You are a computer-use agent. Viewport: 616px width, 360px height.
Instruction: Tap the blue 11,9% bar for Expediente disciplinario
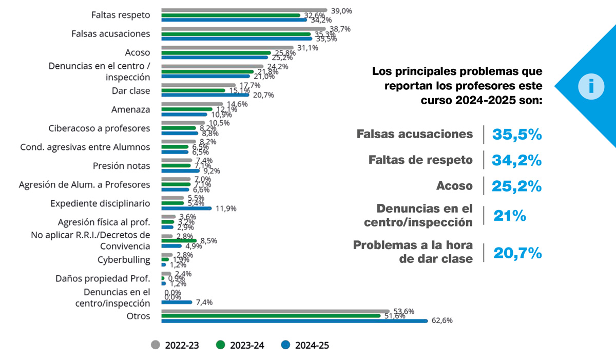pos(186,209)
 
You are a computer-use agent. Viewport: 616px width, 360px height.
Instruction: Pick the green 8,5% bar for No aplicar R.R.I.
pos(179,240)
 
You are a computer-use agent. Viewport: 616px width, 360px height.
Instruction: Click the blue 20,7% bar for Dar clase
pos(205,95)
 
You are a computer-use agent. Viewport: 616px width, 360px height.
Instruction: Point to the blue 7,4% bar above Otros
pos(177,302)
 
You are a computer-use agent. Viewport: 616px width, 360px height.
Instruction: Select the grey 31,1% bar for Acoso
pos(227,48)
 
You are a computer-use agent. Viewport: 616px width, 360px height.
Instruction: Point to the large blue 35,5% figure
pos(517,135)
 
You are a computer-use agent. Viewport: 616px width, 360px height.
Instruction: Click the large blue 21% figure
pos(510,216)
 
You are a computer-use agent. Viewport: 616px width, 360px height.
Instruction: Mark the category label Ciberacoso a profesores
pos(99,128)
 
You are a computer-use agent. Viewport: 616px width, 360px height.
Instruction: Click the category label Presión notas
pos(122,166)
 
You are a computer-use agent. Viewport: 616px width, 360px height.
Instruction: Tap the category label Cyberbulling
pos(124,259)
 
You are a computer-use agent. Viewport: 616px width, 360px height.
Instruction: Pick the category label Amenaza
pos(131,109)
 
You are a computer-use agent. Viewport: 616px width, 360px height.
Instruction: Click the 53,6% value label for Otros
pos(403,311)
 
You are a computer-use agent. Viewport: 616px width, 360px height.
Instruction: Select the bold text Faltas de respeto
pos(420,160)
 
